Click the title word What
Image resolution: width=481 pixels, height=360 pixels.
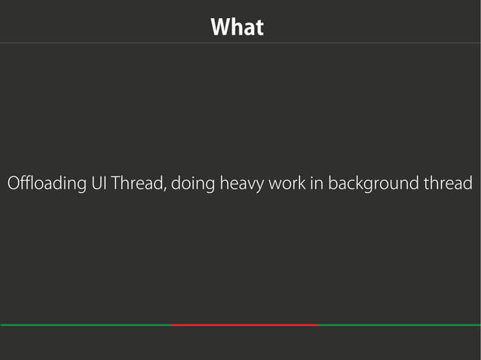point(237,28)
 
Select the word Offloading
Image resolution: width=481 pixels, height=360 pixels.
point(45,184)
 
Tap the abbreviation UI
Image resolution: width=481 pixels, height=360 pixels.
point(98,184)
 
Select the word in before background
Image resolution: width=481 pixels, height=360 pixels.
point(317,184)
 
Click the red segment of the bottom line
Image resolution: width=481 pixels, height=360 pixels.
point(245,325)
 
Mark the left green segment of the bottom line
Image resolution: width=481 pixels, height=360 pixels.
point(86,325)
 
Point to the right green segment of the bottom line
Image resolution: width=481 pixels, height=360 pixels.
point(400,325)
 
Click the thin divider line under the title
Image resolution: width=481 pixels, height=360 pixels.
point(240,43)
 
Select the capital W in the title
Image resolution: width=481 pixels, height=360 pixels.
point(219,28)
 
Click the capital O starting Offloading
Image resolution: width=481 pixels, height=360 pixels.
point(12,184)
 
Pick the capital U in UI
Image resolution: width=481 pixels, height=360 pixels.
point(94,184)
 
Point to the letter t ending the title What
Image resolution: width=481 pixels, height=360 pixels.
point(260,29)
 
